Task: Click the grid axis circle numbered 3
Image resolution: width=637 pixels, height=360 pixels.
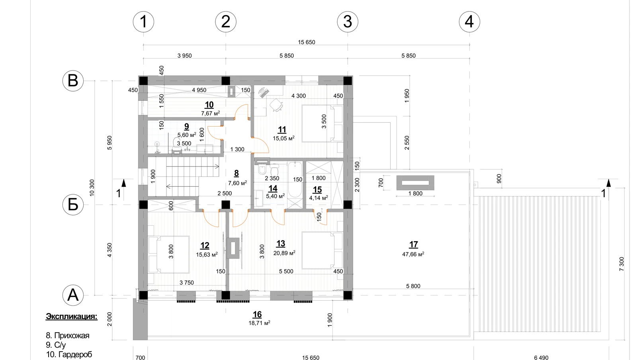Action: pyautogui.click(x=348, y=22)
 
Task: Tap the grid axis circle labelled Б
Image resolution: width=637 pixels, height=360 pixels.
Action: pyautogui.click(x=73, y=204)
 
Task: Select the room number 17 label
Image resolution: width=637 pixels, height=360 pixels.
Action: pyautogui.click(x=414, y=244)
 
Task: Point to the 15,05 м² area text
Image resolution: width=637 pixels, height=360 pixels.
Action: pyautogui.click(x=283, y=139)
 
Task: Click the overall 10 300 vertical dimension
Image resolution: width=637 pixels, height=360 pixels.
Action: pyautogui.click(x=92, y=188)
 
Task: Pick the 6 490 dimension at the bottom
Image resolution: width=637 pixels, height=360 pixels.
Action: pyautogui.click(x=541, y=358)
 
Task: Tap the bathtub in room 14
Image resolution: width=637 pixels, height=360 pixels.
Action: pyautogui.click(x=295, y=180)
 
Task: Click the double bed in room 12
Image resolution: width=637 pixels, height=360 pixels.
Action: pyautogui.click(x=169, y=254)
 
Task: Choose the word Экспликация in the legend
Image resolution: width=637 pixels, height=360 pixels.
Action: pyautogui.click(x=72, y=317)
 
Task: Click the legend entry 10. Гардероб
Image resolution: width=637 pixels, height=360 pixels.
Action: pyautogui.click(x=69, y=354)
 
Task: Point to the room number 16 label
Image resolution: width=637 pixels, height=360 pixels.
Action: pyautogui.click(x=257, y=315)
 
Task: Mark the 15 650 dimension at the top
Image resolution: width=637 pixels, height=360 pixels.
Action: pyautogui.click(x=307, y=42)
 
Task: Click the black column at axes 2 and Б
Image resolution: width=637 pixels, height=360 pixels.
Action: pyautogui.click(x=226, y=205)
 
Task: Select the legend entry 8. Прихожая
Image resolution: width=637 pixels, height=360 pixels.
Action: pyautogui.click(x=68, y=336)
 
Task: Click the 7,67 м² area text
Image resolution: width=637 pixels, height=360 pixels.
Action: pyautogui.click(x=211, y=113)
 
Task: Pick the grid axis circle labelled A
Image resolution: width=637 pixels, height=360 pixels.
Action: pyautogui.click(x=73, y=295)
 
